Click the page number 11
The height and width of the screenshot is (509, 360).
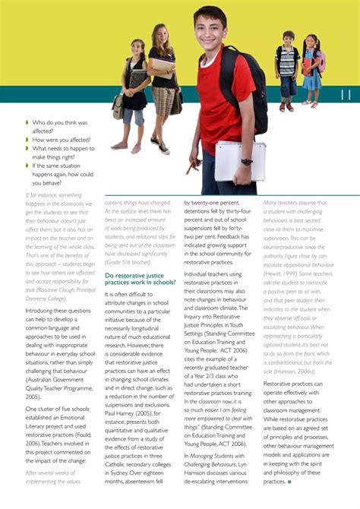(x=346, y=95)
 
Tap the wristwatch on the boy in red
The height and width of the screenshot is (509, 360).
(x=247, y=162)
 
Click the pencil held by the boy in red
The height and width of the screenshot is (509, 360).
(x=193, y=165)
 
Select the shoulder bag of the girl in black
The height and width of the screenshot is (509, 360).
(x=118, y=106)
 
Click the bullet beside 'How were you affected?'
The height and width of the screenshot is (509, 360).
(x=27, y=140)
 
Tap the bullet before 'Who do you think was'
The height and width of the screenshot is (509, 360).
(x=27, y=122)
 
